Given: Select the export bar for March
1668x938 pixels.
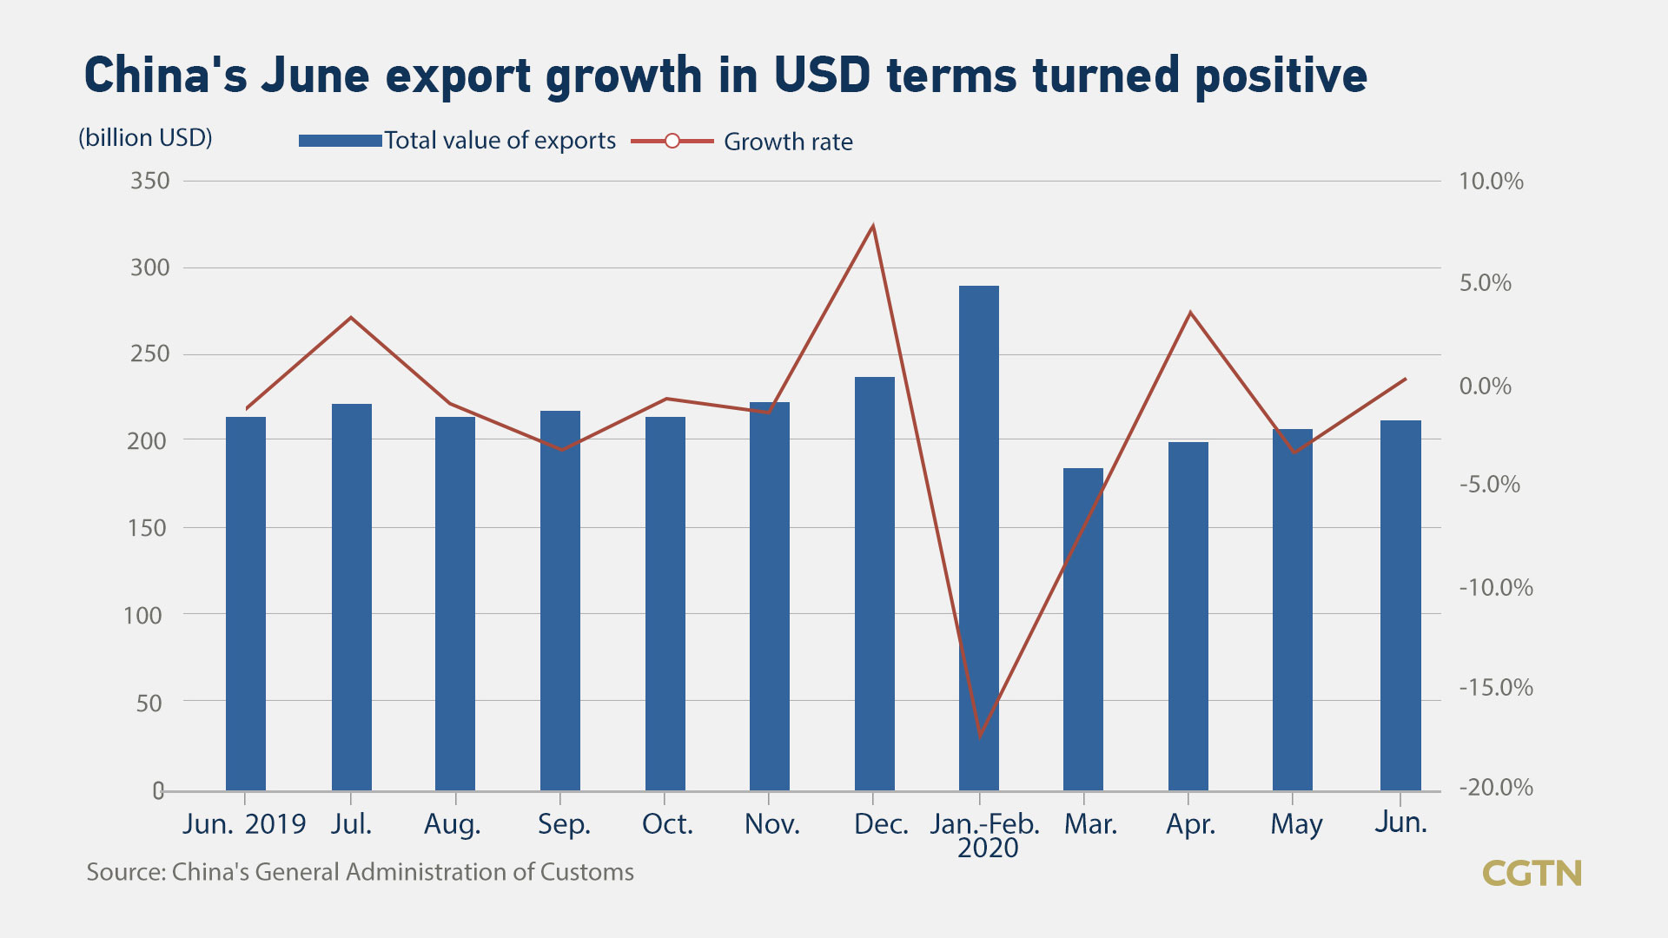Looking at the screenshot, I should (1083, 629).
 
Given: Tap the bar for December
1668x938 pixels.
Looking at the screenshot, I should (875, 582).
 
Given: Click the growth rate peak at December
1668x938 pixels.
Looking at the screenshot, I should (873, 226).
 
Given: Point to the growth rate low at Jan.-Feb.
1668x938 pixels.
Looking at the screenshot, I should (980, 736).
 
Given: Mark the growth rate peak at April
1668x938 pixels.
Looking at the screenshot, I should (1190, 312).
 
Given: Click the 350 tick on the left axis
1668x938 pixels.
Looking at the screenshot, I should (150, 181).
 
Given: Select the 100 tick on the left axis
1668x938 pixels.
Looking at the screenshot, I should (143, 615).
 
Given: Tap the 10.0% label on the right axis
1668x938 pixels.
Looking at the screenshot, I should (1491, 181).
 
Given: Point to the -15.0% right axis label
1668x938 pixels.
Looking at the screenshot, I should (1496, 688).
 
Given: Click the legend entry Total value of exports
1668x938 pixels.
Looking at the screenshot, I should (500, 141).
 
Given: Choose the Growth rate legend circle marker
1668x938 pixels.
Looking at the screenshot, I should (672, 141).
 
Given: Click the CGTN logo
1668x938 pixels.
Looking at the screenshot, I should (1532, 873).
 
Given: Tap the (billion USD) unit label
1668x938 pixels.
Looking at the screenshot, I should (145, 137).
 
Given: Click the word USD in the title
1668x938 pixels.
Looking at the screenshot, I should (822, 76).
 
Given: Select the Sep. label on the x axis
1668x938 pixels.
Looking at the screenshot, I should (564, 823).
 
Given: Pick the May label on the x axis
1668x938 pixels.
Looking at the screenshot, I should (1296, 823).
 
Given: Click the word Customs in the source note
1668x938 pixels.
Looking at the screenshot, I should (587, 872).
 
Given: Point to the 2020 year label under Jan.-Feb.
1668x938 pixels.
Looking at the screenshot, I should (988, 848).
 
